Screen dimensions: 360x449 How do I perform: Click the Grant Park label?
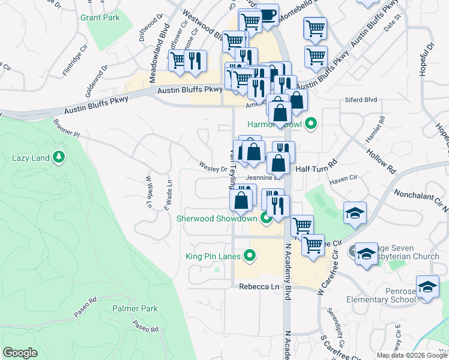(100, 17)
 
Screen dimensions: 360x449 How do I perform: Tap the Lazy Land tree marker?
(59, 158)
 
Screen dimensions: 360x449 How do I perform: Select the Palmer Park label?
(134, 308)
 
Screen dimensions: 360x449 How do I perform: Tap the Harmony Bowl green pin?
(310, 125)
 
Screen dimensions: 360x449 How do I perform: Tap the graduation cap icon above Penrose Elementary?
(427, 287)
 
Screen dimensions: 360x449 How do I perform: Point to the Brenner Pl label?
(66, 128)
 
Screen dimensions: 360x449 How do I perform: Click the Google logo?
(20, 353)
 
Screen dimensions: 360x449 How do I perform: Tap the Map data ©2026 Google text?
(411, 355)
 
